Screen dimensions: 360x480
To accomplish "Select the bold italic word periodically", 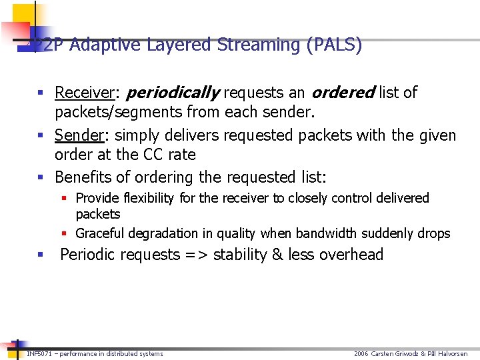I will pyautogui.click(x=173, y=93).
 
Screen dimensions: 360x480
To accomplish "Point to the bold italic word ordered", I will pyautogui.click(x=343, y=93).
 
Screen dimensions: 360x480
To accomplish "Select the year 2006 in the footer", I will pyautogui.click(x=361, y=353).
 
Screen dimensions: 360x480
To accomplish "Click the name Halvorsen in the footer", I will pyautogui.click(x=453, y=353).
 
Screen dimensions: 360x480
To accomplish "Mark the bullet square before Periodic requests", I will pyautogui.click(x=41, y=255).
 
